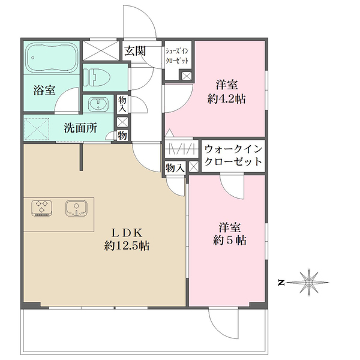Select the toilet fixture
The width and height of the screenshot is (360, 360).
98,77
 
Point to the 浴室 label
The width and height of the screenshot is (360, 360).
44,91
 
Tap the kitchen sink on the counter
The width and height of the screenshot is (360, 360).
76,208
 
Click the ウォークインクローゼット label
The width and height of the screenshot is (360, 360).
233,155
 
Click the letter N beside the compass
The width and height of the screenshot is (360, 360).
280,281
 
